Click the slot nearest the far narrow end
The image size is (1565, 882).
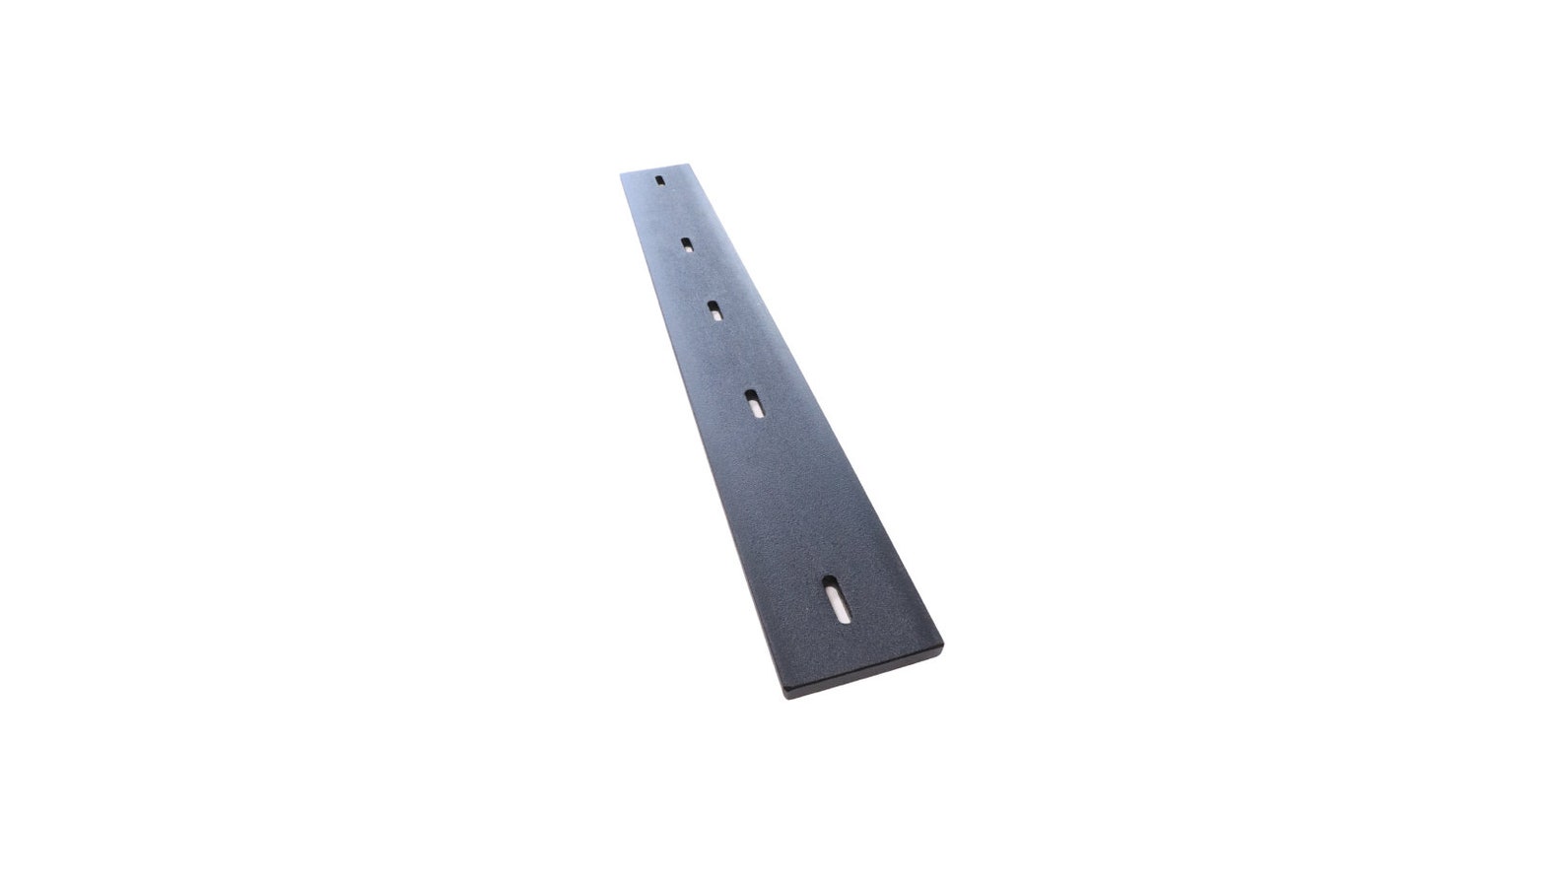point(659,181)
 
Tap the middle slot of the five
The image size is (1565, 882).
point(714,311)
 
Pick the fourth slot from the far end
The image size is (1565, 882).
point(754,403)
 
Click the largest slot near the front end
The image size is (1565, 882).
point(836,599)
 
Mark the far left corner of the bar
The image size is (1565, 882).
point(622,175)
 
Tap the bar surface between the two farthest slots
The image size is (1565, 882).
point(672,212)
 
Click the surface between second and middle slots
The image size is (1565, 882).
point(700,277)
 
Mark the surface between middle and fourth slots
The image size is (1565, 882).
point(734,357)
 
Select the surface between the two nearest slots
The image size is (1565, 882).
point(793,498)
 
